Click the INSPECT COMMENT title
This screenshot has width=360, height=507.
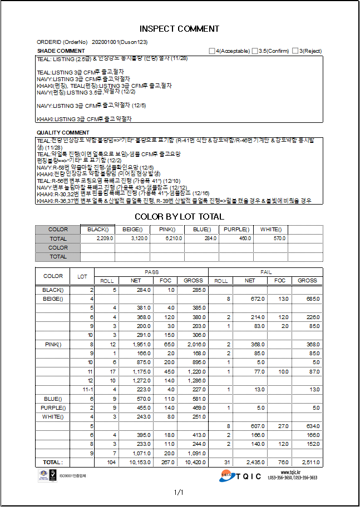coord(179,28)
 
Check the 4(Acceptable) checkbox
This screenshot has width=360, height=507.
coord(212,51)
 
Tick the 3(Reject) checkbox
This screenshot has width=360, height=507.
coord(295,51)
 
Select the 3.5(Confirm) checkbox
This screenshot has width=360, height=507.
coord(255,51)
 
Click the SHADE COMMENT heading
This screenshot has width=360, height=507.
coord(61,51)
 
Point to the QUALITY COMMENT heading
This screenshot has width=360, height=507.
coord(63,132)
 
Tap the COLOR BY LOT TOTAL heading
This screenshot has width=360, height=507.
coord(179,216)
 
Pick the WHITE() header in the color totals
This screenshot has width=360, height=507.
coord(271,229)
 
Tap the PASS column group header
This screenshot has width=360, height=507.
coord(151,272)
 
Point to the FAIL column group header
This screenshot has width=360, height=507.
coord(265,272)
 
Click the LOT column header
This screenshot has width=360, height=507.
coord(82,276)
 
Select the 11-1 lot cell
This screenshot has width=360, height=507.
coord(87,389)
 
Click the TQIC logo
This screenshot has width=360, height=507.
coord(240,476)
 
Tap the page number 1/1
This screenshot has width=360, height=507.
coord(179,492)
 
